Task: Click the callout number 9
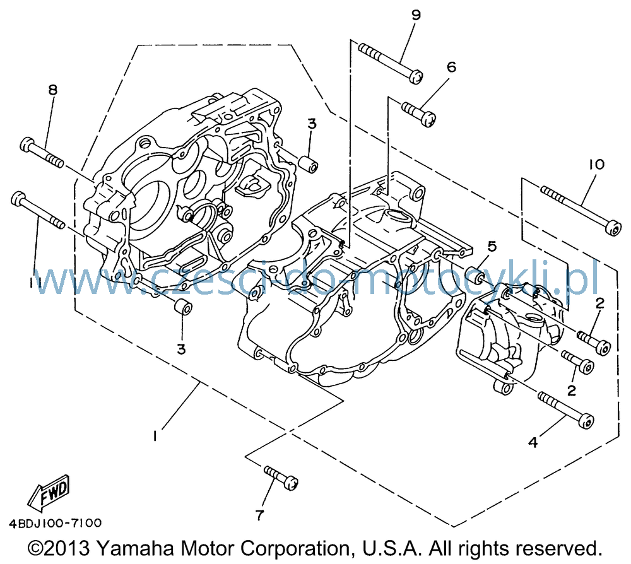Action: (416, 15)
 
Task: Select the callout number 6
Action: (452, 67)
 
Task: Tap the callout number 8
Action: (53, 90)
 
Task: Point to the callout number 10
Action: (597, 164)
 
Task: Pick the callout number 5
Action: (492, 246)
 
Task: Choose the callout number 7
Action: (259, 515)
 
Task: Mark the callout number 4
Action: (533, 442)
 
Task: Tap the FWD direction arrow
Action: (49, 491)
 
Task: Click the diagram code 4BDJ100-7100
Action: (55, 523)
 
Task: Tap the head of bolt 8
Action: (27, 144)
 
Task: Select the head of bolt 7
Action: (291, 483)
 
